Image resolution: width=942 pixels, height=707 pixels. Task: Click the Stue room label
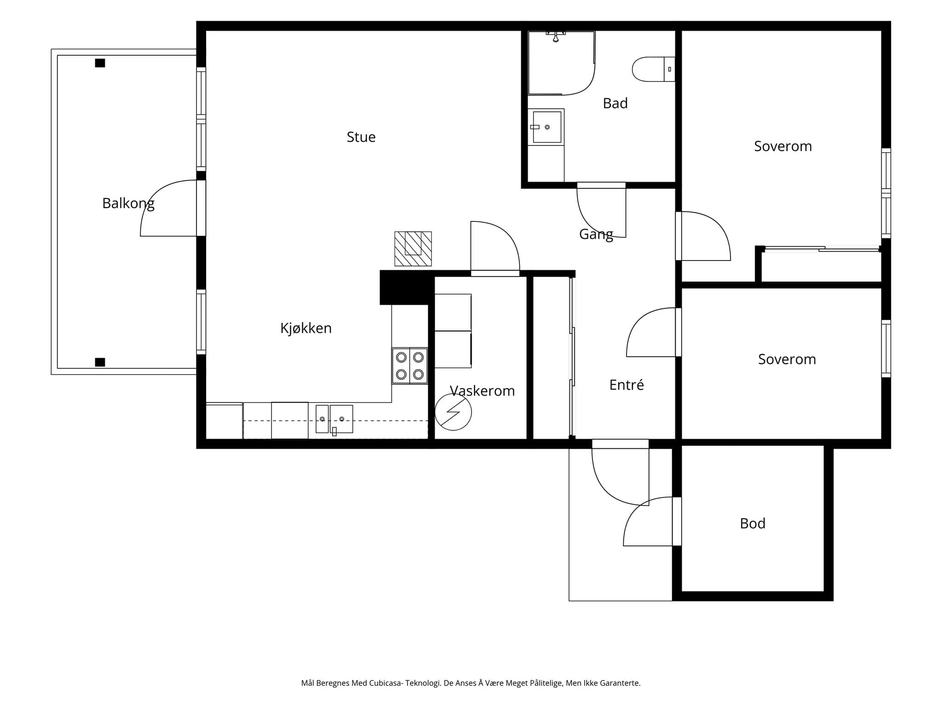point(361,137)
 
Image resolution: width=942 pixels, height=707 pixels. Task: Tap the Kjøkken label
point(306,328)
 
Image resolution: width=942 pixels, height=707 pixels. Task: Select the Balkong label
point(128,203)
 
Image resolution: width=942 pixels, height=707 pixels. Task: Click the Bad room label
point(615,104)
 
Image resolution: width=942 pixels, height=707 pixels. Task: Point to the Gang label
point(596,235)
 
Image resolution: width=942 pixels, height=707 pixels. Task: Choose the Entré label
point(626,385)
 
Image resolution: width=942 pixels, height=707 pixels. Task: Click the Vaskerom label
point(482,391)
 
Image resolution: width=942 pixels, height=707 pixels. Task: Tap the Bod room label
point(752,524)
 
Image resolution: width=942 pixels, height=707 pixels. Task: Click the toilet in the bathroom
point(653,69)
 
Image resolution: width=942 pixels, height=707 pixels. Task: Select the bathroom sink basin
point(547,127)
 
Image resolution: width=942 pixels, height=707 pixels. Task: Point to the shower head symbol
point(556,36)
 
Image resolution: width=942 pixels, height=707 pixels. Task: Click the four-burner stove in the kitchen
point(410,366)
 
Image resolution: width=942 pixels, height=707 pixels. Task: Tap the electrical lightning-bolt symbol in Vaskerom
point(453,412)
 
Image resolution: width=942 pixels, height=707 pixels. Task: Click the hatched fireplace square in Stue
point(413,249)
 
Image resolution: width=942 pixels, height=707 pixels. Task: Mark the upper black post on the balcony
point(100,63)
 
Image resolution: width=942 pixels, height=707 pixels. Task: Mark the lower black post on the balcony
point(100,362)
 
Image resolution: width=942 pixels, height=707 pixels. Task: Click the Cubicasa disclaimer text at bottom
point(471,683)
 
